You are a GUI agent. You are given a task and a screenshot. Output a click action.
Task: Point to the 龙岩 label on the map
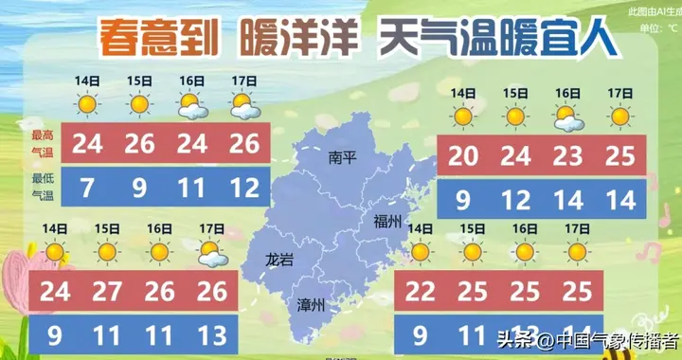(x=281, y=258)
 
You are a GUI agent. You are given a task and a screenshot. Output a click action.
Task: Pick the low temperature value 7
(x=88, y=189)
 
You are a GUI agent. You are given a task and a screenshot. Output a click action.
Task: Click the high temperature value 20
(x=462, y=154)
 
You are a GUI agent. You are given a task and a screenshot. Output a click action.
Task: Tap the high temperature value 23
(x=567, y=154)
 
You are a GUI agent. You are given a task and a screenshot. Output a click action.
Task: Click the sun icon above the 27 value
(x=107, y=252)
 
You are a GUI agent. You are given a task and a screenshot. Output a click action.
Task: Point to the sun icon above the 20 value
(x=462, y=117)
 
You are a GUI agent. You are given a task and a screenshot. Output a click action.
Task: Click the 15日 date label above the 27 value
(x=107, y=228)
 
